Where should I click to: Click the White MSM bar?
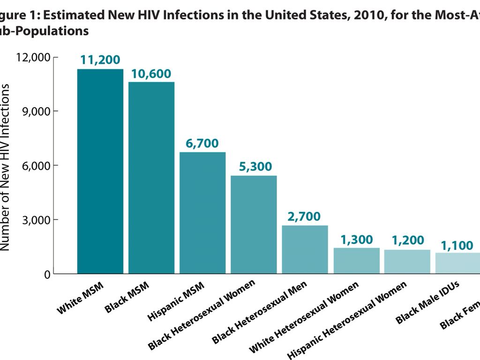coord(100,171)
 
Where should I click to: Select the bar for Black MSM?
coord(151,178)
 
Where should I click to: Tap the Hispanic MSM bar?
coord(202,213)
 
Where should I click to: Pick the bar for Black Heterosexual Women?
coord(254,225)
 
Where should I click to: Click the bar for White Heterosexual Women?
coord(356,261)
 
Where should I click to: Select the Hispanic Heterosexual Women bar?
coord(407,262)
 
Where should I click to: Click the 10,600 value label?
coord(151,74)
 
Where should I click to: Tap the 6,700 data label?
coord(202,144)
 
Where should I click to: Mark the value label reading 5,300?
coord(255,167)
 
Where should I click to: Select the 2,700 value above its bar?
coord(304,217)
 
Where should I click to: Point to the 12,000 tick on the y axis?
coord(33,58)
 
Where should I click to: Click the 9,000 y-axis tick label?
coord(36,112)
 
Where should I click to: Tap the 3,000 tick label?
coord(36,220)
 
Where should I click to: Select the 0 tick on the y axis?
coord(47,274)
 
